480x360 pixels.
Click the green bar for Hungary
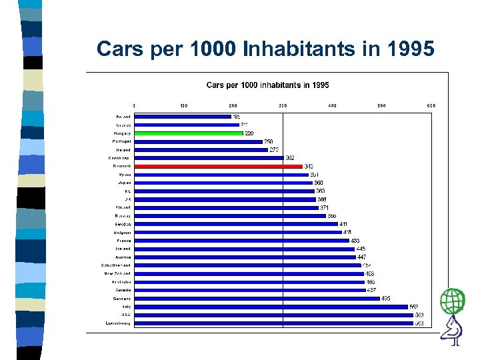pos(189,133)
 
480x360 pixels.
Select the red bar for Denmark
pos(218,166)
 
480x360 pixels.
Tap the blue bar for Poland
pos(182,117)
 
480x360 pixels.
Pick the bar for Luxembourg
pos(273,323)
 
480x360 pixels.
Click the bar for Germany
pos(257,299)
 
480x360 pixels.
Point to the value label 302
pos(290,158)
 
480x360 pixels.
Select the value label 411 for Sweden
pos(344,224)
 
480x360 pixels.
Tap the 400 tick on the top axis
pos(332,105)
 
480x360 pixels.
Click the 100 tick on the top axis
pos(183,105)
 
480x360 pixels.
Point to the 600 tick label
pos(431,105)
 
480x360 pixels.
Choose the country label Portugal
pos(121,141)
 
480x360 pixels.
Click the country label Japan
pos(125,183)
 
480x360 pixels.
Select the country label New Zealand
pos(117,273)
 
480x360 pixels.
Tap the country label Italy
pos(126,307)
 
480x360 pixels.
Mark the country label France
pos(124,241)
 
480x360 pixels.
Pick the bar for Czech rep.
pos(209,158)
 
